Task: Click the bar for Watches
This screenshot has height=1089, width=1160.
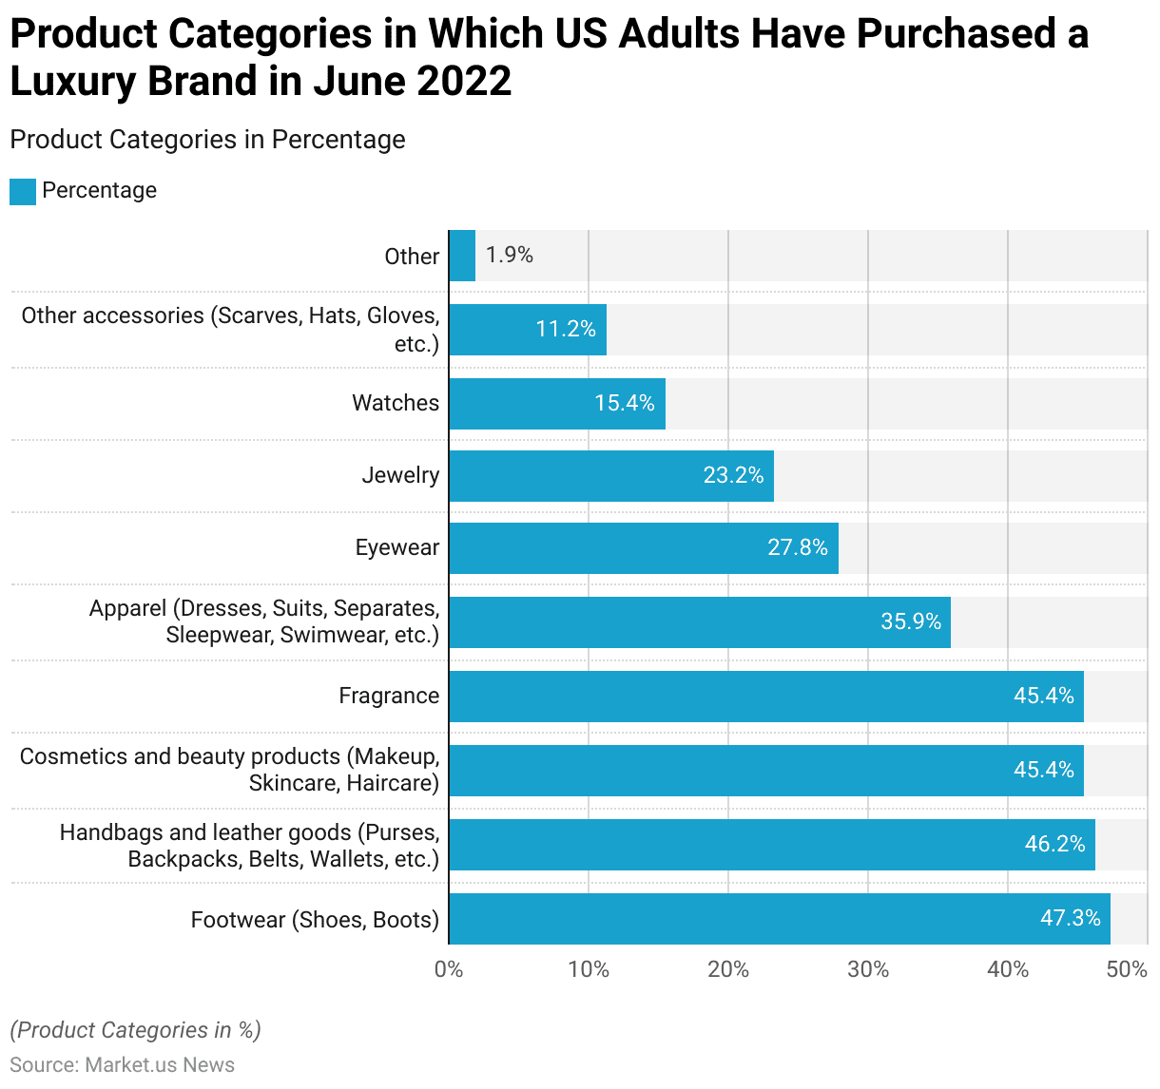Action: [557, 404]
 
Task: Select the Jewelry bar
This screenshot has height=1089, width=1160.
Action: [611, 476]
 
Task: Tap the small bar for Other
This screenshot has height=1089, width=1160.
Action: [462, 256]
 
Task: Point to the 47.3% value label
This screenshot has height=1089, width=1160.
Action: [1070, 918]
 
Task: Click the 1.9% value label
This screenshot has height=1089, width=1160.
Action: [510, 255]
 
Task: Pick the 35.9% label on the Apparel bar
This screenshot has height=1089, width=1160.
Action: [910, 621]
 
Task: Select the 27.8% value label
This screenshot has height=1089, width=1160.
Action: [798, 547]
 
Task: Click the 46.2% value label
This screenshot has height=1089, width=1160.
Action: [1054, 844]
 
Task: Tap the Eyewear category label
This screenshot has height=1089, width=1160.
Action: [397, 547]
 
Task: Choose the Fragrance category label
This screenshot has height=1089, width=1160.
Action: [389, 696]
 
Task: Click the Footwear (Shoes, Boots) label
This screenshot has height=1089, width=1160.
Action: [315, 920]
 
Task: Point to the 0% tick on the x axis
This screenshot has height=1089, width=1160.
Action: [449, 969]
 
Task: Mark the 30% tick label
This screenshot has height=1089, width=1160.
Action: [868, 969]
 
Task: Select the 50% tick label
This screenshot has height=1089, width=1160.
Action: [1128, 969]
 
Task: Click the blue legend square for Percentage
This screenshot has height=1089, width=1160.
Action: [23, 191]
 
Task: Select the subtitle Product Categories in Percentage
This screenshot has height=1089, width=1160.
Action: [207, 140]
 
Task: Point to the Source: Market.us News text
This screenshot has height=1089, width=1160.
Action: [122, 1064]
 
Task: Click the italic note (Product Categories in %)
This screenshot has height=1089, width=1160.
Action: [135, 1030]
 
